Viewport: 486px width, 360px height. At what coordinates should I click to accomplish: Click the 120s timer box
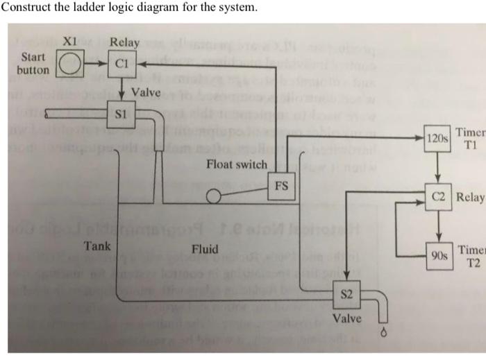pyautogui.click(x=437, y=138)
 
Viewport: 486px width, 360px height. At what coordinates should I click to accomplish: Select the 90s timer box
pyautogui.click(x=439, y=255)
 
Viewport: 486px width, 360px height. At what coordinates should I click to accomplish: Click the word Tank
pyautogui.click(x=97, y=246)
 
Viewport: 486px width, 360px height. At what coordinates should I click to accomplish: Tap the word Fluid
pyautogui.click(x=204, y=249)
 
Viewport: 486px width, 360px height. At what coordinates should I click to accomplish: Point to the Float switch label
pyautogui.click(x=236, y=164)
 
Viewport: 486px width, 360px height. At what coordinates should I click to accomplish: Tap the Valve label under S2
pyautogui.click(x=347, y=318)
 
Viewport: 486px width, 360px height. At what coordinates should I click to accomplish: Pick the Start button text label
pyautogui.click(x=34, y=63)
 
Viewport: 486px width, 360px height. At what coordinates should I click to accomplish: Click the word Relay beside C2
pyautogui.click(x=471, y=198)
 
